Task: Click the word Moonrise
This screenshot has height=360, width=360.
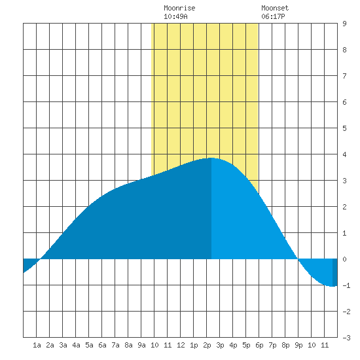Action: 179,8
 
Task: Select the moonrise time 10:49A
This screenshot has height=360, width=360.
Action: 175,16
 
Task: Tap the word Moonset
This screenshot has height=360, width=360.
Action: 275,8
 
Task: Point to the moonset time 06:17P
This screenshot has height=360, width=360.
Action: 273,16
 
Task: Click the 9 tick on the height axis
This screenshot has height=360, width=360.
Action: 344,24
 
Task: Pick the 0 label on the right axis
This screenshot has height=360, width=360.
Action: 344,259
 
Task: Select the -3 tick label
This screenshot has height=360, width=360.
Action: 346,338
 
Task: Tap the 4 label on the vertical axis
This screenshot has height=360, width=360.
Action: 344,154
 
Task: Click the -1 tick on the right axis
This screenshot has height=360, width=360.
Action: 346,285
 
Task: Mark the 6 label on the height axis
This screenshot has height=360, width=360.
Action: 344,102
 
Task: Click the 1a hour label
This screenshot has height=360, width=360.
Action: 37,345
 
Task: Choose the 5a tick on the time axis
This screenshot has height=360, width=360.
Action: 89,345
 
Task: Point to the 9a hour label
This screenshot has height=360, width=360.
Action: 141,345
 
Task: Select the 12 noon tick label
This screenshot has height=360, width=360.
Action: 181,345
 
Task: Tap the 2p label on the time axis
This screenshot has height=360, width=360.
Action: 207,345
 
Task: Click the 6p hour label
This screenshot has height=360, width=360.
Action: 259,345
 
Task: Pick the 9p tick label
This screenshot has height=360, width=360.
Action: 298,345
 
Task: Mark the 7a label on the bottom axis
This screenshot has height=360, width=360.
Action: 115,345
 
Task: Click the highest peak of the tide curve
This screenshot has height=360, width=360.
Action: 211,158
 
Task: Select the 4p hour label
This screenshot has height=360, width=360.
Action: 233,345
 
